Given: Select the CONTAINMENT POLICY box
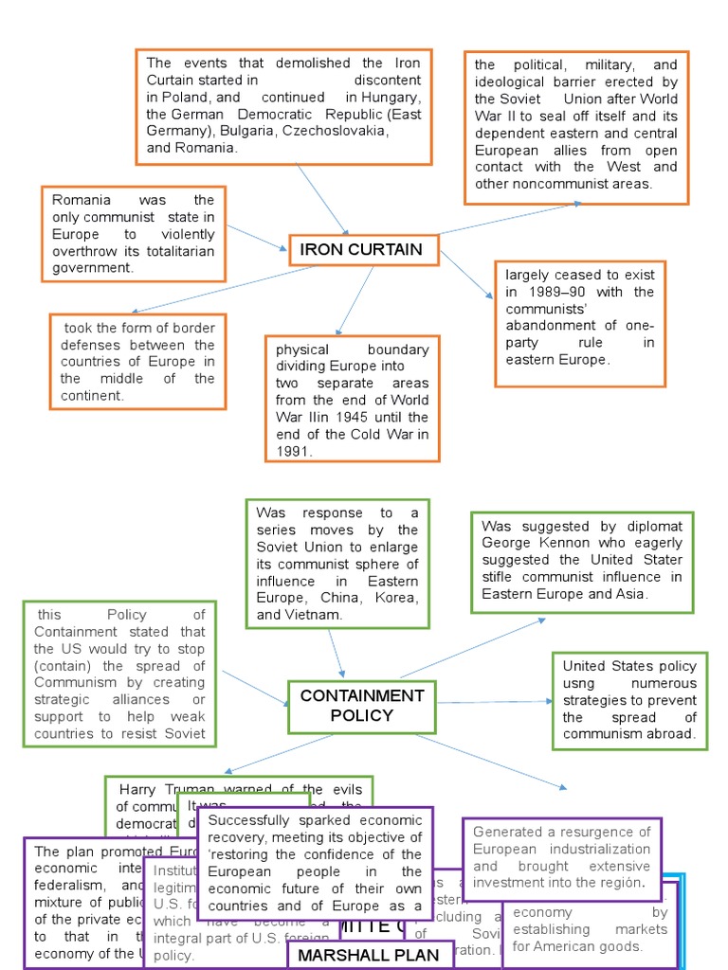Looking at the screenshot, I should click(x=361, y=706).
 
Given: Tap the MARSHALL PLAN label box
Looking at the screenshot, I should click(x=370, y=955).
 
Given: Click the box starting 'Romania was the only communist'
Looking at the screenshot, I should click(x=134, y=234).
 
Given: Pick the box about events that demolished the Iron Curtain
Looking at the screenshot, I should click(x=283, y=106).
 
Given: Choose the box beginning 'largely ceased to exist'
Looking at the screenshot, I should click(x=579, y=325).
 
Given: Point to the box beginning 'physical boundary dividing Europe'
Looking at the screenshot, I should click(x=352, y=399).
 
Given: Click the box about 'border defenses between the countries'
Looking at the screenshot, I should click(x=138, y=361).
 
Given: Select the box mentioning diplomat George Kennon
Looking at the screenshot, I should click(x=582, y=562).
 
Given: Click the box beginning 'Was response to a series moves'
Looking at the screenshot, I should click(x=337, y=564).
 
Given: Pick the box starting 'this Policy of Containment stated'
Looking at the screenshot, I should click(x=119, y=674).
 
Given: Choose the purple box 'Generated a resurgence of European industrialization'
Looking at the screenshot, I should click(x=561, y=857).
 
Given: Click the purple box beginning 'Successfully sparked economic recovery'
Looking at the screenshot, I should click(x=315, y=862).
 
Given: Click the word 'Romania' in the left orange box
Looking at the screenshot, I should click(x=82, y=200).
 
